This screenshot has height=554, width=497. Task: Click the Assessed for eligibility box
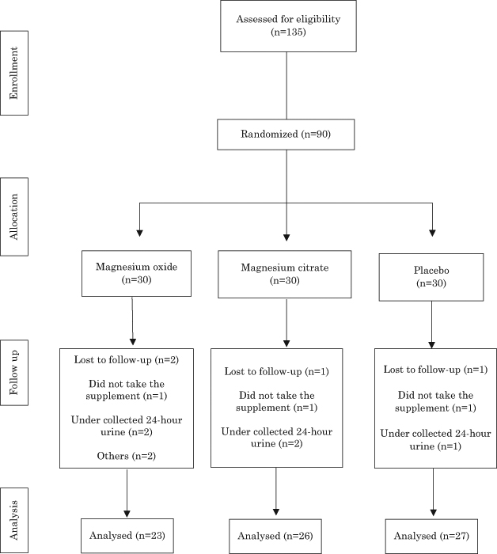coord(288,26)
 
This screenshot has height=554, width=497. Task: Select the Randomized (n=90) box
coord(286,135)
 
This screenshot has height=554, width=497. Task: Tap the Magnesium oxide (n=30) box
coord(136,274)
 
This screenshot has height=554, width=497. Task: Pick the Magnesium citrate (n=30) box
coord(285,274)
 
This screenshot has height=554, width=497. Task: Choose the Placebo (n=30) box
coord(431,277)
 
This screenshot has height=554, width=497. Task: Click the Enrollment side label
coord(14,73)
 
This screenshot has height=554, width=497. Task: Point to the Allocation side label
coord(14,217)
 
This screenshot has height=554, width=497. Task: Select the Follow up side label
coord(14,373)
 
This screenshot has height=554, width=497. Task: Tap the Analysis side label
coord(14,521)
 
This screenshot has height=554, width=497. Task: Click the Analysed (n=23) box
coord(127,536)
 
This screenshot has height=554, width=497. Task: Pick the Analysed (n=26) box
coord(275,536)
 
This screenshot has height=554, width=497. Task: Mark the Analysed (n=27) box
coord(431,536)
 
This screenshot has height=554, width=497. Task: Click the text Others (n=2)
coord(127,456)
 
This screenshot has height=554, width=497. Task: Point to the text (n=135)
coord(288,32)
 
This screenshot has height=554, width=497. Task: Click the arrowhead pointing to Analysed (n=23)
coord(127,514)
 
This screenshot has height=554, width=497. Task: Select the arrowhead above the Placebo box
coord(432,233)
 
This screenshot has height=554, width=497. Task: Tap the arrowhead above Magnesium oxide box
coord(139,233)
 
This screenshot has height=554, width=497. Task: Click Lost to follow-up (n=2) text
coord(127,359)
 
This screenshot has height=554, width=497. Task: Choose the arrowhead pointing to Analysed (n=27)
coord(434,513)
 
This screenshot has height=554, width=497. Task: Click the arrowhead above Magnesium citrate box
coord(286,237)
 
